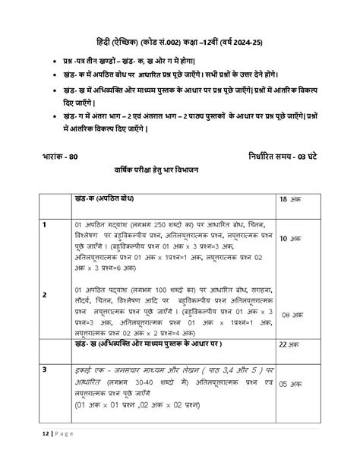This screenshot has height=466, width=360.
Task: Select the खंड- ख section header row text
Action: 149,344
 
